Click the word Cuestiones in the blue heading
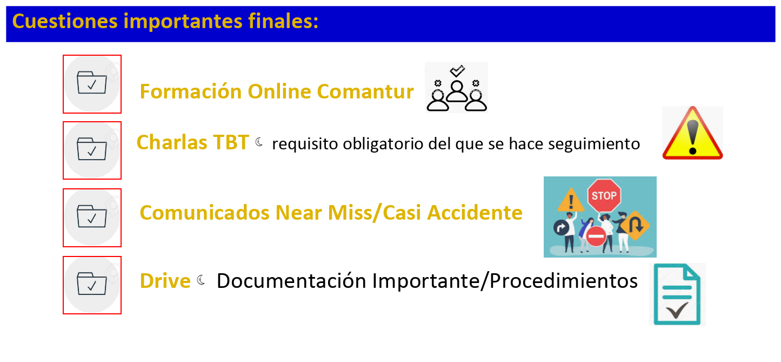pos(65,21)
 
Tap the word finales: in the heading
pos(283,21)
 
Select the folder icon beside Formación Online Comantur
pos(92,83)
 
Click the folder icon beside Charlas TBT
pos(92,149)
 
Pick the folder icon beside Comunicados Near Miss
pos(92,216)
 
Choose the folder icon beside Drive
pos(92,284)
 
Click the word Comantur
pos(365,91)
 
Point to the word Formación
pos(191,91)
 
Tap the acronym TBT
pos(231,142)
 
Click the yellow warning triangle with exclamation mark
pos(692,133)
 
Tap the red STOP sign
pos(604,195)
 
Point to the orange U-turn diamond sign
pos(635,226)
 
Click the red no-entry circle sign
pos(596,236)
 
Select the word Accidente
pos(475,213)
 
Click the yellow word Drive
pos(165,281)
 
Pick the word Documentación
pos(291,281)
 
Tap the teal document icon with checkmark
pos(677,294)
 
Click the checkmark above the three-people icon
pos(457,70)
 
